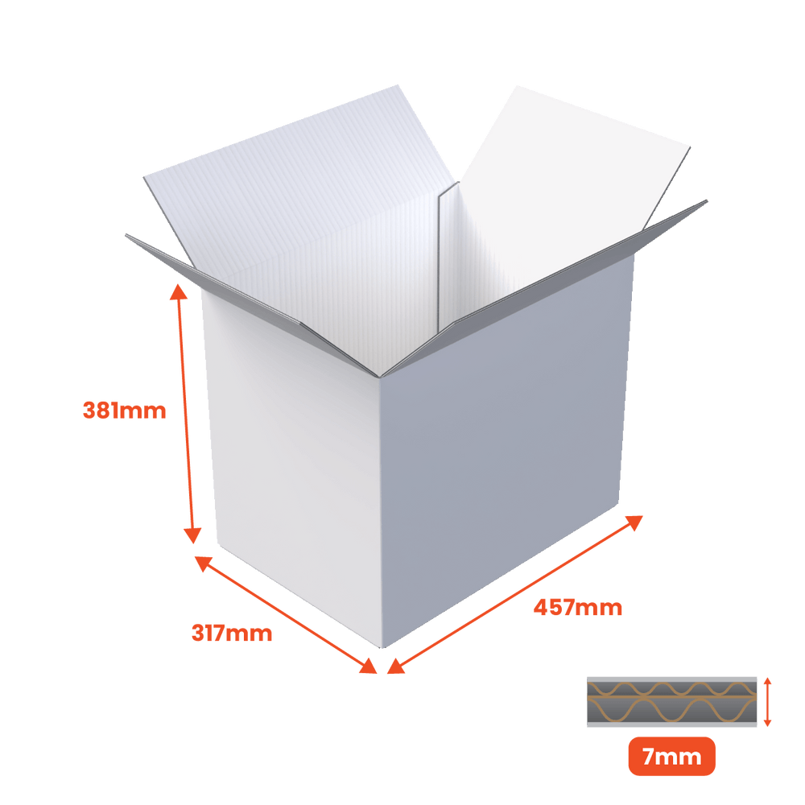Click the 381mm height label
pyautogui.click(x=124, y=411)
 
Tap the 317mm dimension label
pyautogui.click(x=232, y=633)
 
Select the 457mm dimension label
pyautogui.click(x=577, y=607)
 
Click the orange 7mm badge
pyautogui.click(x=671, y=756)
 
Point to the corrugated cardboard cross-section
pyautogui.click(x=671, y=702)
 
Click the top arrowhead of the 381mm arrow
pyautogui.click(x=178, y=291)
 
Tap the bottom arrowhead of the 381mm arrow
pyautogui.click(x=192, y=535)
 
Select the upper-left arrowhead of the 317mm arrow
pyautogui.click(x=203, y=563)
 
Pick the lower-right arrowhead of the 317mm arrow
pyautogui.click(x=369, y=666)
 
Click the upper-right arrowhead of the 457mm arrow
pyautogui.click(x=634, y=522)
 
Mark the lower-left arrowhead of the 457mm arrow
pyautogui.click(x=396, y=666)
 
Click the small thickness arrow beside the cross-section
pyautogui.click(x=767, y=702)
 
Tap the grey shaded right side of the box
pyautogui.click(x=506, y=452)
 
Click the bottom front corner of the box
pyautogui.click(x=382, y=648)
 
